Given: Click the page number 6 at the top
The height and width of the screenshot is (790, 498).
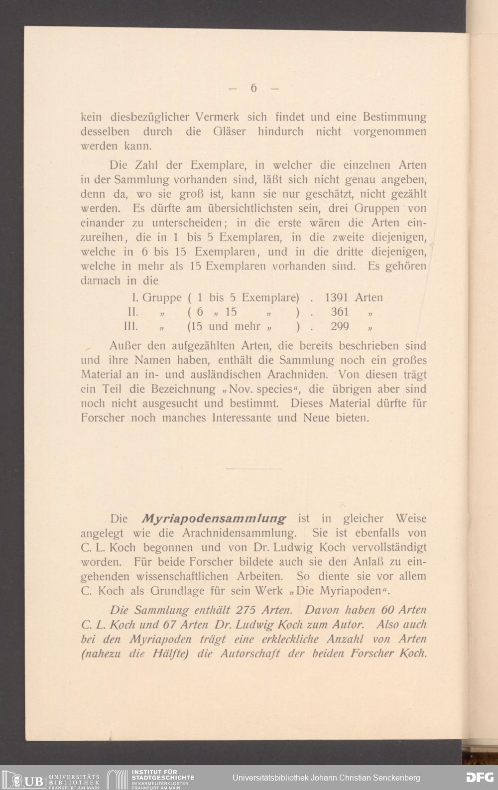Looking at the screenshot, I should (x=253, y=88).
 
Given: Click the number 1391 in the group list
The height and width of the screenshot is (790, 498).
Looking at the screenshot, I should (x=337, y=298).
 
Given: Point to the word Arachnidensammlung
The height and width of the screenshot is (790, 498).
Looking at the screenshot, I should (x=242, y=532).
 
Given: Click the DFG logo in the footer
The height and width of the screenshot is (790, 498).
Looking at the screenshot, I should (x=479, y=778).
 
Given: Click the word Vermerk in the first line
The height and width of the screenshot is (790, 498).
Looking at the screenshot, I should (x=218, y=118).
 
